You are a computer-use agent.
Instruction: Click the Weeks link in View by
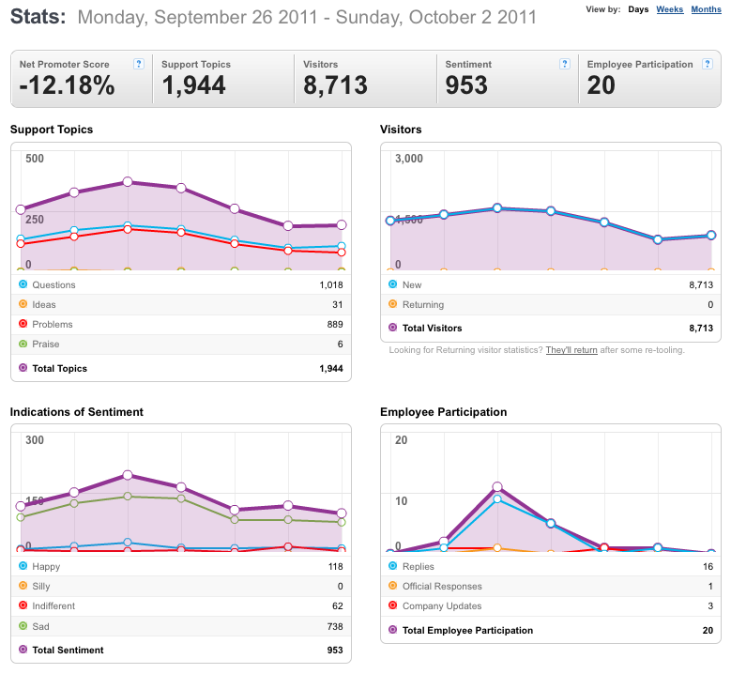(x=669, y=9)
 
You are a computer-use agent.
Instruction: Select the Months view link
(x=706, y=9)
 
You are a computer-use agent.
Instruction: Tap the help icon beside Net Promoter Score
(x=139, y=64)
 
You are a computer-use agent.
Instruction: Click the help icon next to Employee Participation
(x=708, y=64)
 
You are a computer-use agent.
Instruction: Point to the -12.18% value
(x=68, y=85)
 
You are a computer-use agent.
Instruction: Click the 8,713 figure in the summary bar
(x=335, y=85)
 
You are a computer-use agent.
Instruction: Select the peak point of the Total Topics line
(x=128, y=182)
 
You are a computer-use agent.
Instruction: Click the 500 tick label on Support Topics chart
(x=35, y=159)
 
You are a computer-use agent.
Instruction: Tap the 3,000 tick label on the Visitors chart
(x=409, y=159)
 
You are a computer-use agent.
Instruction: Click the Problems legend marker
(x=23, y=323)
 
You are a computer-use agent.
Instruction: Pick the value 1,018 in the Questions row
(x=331, y=285)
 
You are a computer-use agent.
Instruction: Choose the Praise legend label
(x=46, y=345)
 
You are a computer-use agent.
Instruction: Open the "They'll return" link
(x=571, y=350)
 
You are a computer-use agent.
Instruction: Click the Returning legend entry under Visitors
(x=423, y=304)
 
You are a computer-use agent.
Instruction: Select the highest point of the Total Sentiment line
(x=128, y=475)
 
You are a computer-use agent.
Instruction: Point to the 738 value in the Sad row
(x=335, y=626)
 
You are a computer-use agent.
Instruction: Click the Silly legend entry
(x=41, y=587)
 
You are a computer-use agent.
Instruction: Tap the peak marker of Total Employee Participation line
(x=497, y=487)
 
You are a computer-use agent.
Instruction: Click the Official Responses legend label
(x=442, y=587)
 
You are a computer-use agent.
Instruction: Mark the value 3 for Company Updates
(x=710, y=605)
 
